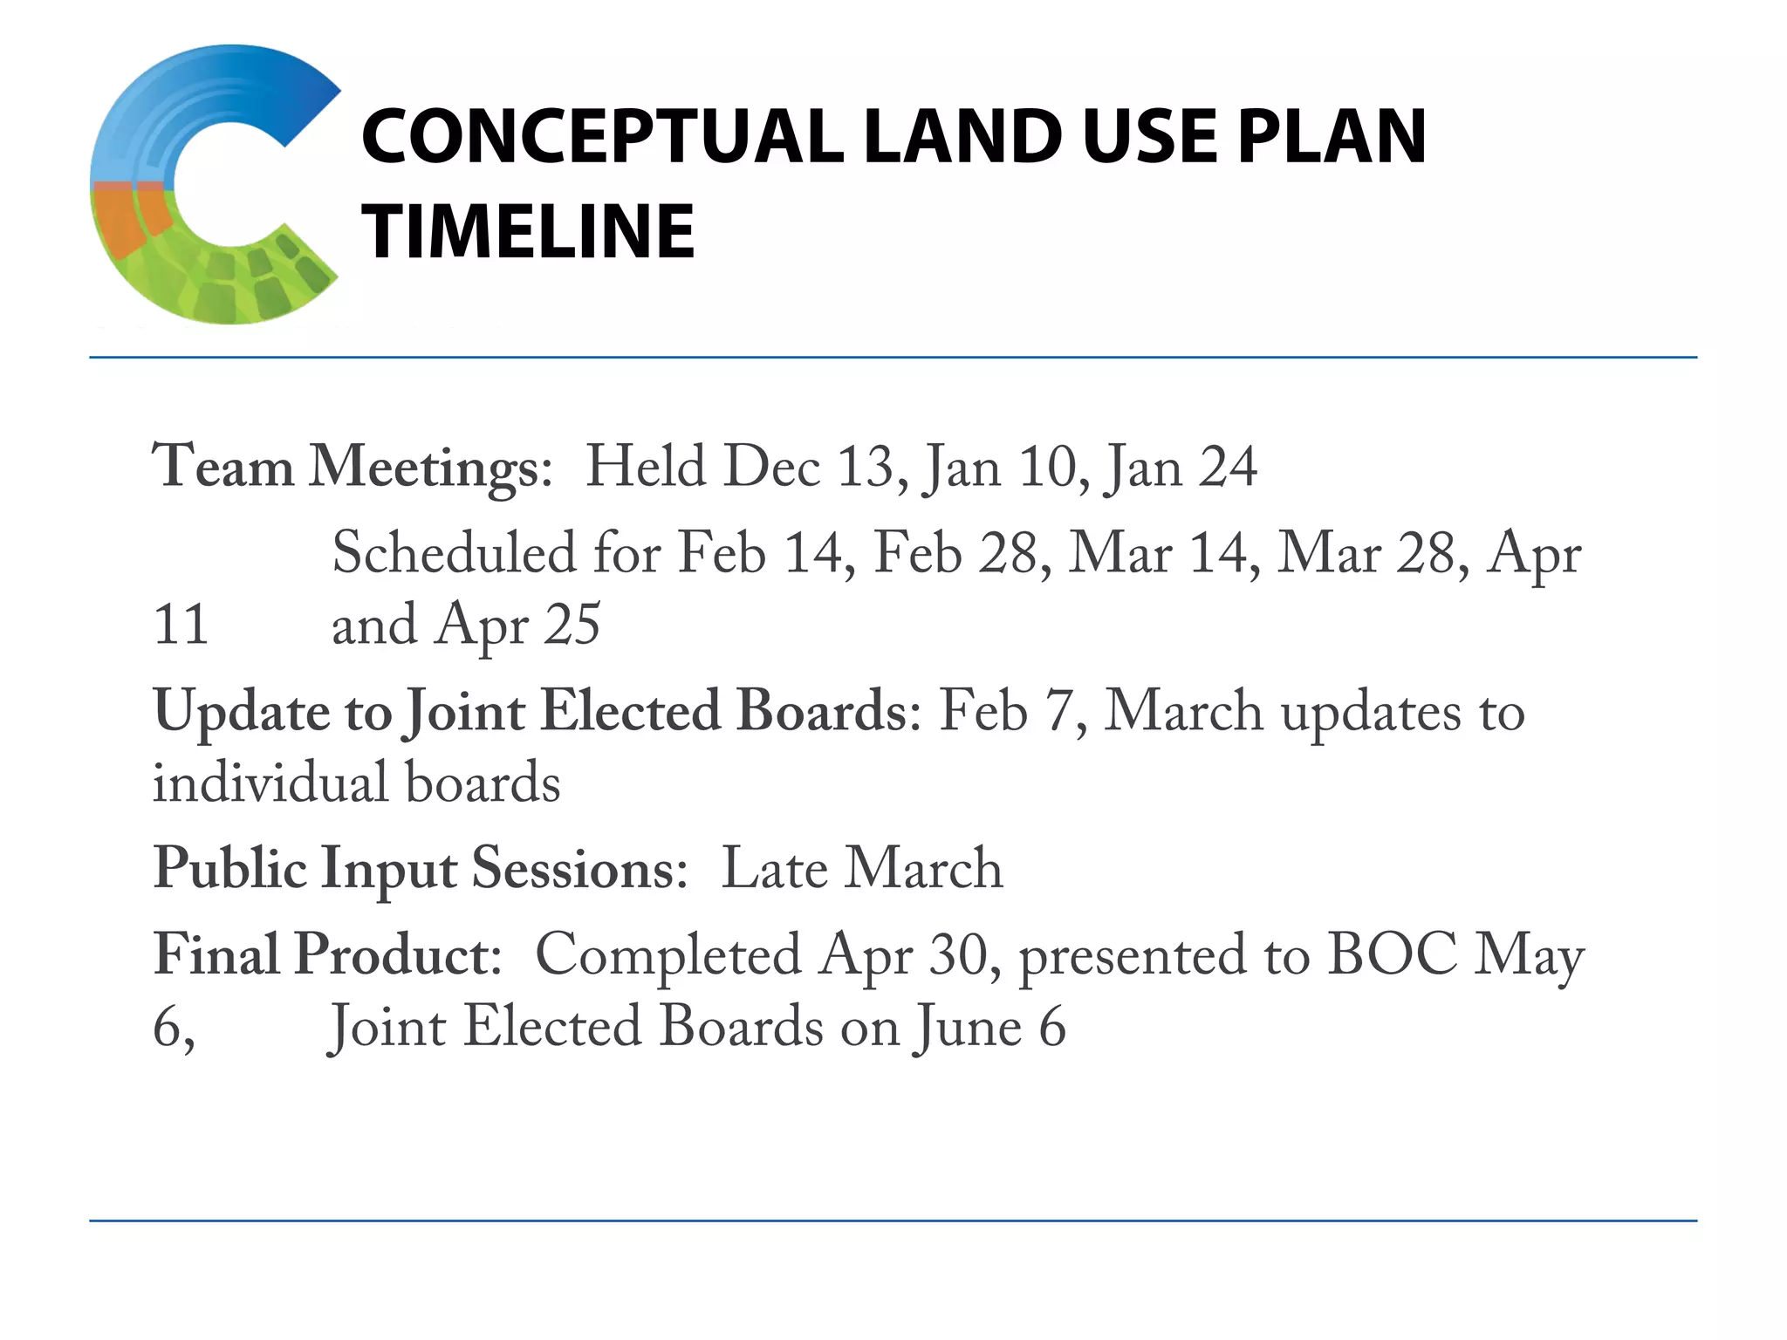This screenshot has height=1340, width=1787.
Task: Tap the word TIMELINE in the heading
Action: click(529, 232)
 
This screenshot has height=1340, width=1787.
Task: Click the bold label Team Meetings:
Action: click(353, 467)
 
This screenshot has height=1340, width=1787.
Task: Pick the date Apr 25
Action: click(517, 625)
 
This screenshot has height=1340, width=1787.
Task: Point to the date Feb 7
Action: click(1010, 711)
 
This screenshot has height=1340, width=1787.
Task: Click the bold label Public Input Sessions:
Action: click(421, 869)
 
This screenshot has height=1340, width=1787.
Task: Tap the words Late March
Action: click(862, 869)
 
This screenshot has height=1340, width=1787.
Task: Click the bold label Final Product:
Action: click(327, 954)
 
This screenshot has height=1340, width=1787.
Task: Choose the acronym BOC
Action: click(1392, 954)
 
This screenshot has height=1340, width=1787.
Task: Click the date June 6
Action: click(989, 1027)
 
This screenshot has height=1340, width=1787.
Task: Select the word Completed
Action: click(668, 954)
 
